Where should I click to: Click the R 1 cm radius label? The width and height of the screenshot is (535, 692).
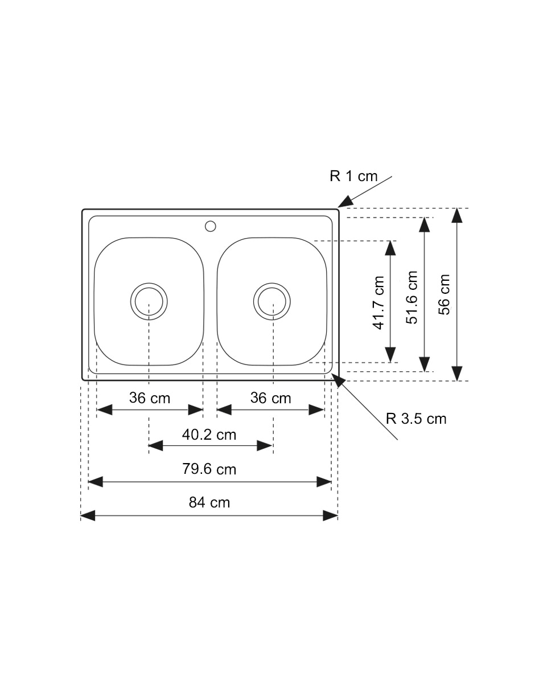point(353,176)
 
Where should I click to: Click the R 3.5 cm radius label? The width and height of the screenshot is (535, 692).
point(416,419)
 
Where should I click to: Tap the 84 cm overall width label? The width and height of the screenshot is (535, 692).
point(209,502)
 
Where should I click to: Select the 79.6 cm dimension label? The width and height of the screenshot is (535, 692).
point(209,469)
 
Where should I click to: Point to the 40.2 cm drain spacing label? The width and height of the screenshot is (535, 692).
point(209,435)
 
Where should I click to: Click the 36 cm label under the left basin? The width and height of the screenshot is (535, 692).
point(150,398)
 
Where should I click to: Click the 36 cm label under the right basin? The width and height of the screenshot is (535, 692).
point(271,398)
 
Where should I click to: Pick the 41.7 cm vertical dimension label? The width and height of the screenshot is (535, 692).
point(378,303)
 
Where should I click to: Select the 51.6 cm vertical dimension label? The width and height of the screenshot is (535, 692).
point(412,297)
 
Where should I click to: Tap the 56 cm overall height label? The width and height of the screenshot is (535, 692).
point(445,294)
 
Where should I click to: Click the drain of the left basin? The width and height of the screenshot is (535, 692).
point(149,301)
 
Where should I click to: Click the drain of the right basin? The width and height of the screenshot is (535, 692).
point(272,301)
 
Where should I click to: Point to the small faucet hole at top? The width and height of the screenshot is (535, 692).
point(210,226)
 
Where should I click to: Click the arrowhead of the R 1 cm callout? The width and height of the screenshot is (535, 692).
point(345,202)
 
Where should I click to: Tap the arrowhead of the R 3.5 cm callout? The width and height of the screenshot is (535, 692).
point(338,380)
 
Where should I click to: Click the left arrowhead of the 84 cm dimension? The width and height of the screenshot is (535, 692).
point(88,515)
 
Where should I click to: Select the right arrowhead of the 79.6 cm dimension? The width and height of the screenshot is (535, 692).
point(324,482)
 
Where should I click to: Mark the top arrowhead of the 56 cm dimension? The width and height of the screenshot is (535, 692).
point(457,215)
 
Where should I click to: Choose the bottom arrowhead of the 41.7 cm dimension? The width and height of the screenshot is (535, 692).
point(390,355)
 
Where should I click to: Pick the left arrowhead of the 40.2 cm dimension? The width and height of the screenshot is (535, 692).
point(156,446)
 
